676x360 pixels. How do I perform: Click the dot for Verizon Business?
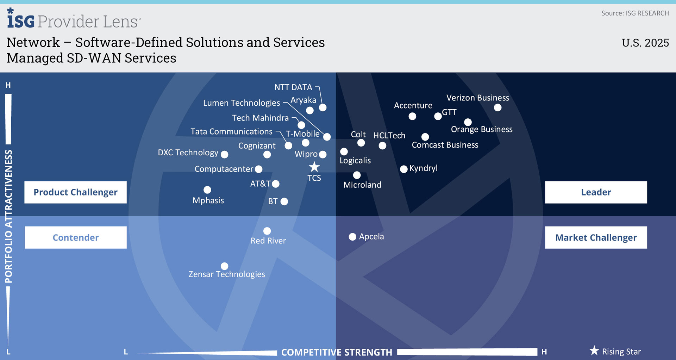[497, 107]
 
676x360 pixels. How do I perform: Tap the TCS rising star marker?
[314, 167]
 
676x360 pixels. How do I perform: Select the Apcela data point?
[352, 237]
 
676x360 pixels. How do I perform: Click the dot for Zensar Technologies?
[224, 266]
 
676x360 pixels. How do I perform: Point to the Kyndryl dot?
[404, 169]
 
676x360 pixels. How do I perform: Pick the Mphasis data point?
[207, 190]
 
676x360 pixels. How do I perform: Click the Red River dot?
[267, 231]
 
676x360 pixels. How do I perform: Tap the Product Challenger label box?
[75, 192]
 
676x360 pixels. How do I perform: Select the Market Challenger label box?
[596, 237]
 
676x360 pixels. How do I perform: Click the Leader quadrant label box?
[596, 192]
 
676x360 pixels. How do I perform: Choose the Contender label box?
[75, 237]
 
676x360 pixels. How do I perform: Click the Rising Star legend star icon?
[594, 350]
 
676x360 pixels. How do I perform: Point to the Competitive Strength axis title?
[336, 352]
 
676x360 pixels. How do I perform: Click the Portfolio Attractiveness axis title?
[8, 217]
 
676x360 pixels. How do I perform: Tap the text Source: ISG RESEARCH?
[635, 13]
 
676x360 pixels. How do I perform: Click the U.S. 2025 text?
[645, 43]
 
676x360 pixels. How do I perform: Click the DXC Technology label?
[188, 153]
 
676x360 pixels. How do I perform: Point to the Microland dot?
[357, 175]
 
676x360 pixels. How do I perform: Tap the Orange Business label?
[481, 129]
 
